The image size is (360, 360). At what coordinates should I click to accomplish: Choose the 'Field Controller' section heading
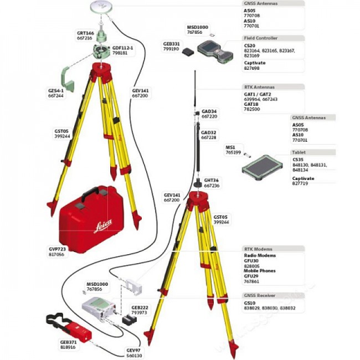(261, 38)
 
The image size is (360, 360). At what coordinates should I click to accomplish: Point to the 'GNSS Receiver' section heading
(261, 296)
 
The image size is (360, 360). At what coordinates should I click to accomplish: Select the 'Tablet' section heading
(299, 152)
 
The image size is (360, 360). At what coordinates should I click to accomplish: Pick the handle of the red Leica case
(90, 195)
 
